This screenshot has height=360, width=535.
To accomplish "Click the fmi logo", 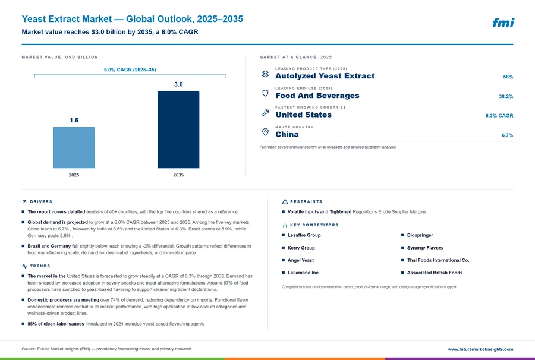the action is point(503,23).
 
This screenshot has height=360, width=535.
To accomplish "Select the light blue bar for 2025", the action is point(74,147).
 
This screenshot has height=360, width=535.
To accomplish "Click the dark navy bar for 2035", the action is point(178,130).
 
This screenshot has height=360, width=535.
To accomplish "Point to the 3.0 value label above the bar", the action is point(178,84).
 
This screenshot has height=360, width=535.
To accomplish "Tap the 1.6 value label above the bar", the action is point(74,120).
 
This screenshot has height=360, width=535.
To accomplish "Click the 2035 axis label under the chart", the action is point(178,175).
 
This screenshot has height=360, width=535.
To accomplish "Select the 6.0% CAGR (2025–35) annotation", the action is point(130,70).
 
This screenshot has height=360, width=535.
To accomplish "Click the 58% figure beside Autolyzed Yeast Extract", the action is point(508,77).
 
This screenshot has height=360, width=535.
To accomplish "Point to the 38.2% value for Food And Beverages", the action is point(506,96).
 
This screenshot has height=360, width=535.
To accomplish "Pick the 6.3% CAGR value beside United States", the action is point(499,116).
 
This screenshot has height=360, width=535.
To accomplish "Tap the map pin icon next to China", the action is point(266,132).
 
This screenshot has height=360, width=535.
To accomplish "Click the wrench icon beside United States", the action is point(266,112).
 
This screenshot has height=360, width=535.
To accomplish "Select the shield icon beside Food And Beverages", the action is point(266,93).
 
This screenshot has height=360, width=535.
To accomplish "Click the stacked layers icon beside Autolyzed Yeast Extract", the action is point(266,74).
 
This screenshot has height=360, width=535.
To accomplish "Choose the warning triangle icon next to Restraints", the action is point(285,202).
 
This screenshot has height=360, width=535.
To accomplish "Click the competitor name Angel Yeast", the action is point(301,260).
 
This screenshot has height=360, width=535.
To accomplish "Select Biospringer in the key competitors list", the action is point(420,235).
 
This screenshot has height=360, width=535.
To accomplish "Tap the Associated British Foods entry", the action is point(435,273).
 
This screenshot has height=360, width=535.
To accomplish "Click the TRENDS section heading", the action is point(40,266).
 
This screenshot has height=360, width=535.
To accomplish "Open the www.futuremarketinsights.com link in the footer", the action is point(480,349).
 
